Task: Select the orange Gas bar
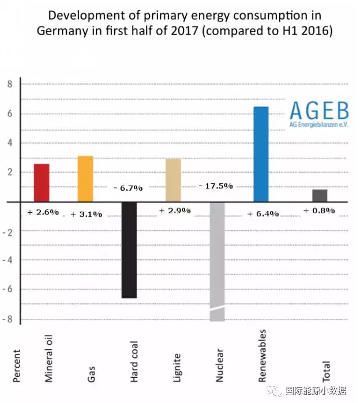click(x=85, y=179)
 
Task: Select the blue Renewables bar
click(x=261, y=154)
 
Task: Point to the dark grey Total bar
click(x=320, y=195)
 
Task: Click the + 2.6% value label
click(x=43, y=212)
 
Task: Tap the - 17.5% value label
click(x=216, y=186)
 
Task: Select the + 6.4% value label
click(x=262, y=214)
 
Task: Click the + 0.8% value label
click(x=319, y=210)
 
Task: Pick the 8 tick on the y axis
click(x=9, y=84)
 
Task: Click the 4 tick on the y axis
click(x=9, y=143)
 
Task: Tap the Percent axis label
click(x=16, y=365)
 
